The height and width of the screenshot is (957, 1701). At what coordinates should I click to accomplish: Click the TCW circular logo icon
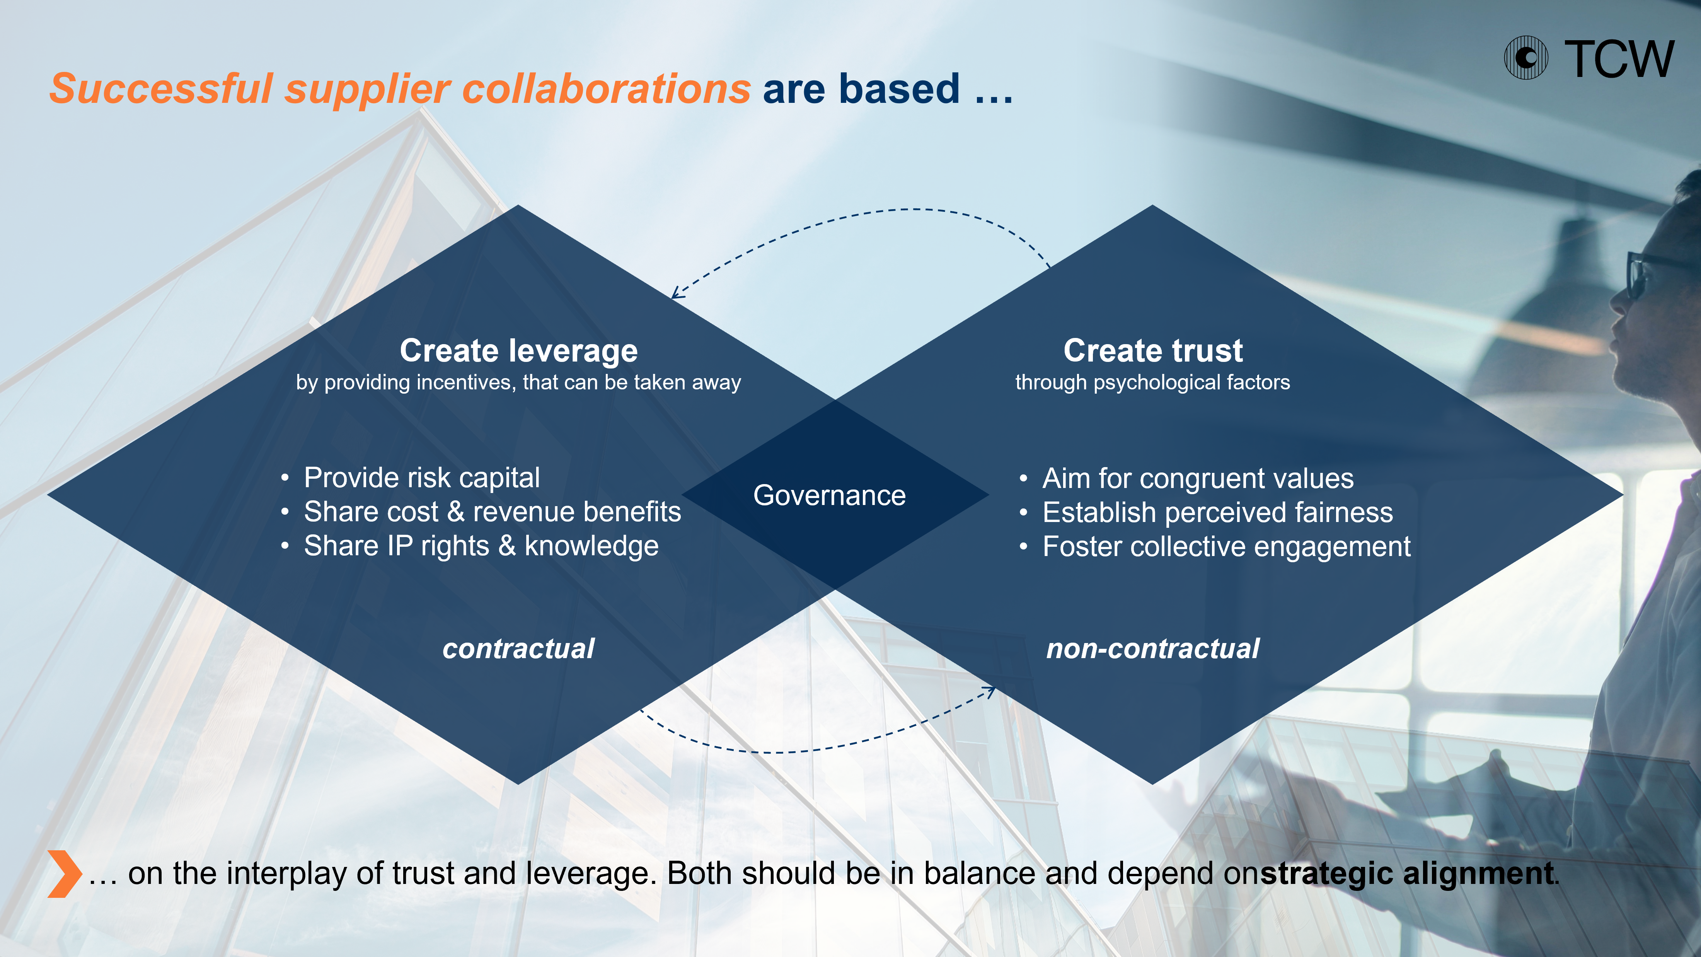tap(1525, 58)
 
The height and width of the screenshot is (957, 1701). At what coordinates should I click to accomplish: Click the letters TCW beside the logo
tap(1619, 60)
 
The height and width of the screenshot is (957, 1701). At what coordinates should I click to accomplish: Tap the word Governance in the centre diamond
tap(829, 495)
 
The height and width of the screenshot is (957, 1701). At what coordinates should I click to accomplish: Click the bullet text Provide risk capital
tap(421, 478)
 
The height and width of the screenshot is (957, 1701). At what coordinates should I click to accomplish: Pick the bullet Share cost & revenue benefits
tap(492, 512)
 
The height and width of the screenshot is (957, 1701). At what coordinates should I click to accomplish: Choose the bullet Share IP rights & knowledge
tap(481, 546)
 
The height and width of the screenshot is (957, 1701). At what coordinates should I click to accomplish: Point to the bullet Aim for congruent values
tap(1198, 478)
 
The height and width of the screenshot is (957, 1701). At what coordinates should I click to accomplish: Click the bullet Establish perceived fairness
tap(1218, 512)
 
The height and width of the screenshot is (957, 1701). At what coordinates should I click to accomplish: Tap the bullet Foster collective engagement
tap(1226, 547)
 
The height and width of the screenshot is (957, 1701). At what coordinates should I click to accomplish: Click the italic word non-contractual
tap(1153, 648)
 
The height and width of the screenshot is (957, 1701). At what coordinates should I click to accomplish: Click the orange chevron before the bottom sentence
tap(64, 874)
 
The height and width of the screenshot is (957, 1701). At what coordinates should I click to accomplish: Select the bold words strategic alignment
tap(1406, 874)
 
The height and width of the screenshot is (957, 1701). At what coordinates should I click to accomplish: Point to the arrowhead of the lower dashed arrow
tap(989, 691)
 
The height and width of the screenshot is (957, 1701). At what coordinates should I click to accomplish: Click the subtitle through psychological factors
tap(1152, 382)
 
